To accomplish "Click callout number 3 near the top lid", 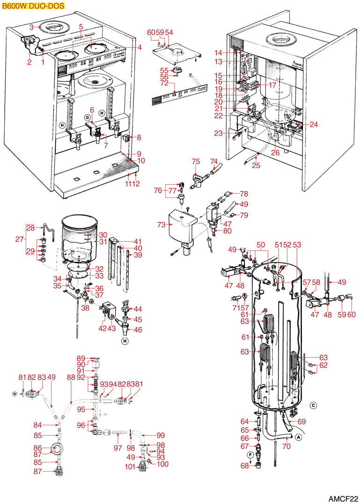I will pos(32,28).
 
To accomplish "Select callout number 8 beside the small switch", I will pos(139,138).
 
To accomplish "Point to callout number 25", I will pos(256,166).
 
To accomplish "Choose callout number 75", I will pos(196,161).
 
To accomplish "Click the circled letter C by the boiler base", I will pos(313,405).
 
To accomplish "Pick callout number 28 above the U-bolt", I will pos(30,228).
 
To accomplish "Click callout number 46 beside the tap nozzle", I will pos(138,329).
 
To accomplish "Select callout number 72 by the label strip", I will pos(164,83).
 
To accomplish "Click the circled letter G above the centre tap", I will pos(87,117).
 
